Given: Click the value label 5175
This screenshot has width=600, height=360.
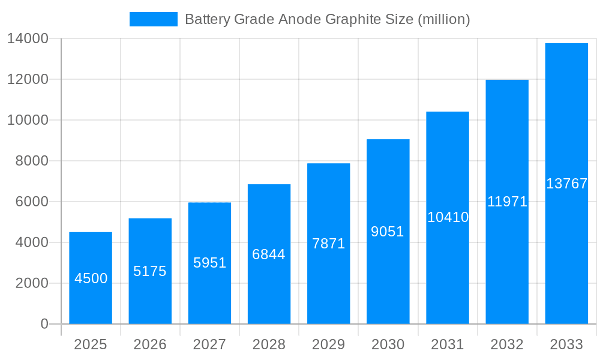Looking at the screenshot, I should (150, 271).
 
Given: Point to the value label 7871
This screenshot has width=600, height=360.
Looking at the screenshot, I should (329, 244).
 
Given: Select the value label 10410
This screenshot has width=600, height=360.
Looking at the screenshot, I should (448, 217).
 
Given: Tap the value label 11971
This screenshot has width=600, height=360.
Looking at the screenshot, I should (507, 202).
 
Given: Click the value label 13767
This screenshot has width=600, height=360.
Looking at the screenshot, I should (566, 184).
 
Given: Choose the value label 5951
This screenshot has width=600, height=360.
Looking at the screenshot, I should (209, 263).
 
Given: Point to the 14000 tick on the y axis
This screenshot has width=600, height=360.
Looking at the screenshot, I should (28, 39).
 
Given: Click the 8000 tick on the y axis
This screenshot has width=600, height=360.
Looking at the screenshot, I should (32, 161).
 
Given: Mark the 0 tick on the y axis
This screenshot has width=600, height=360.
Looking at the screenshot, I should (44, 324).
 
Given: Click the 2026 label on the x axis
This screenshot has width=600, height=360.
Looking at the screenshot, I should (150, 344).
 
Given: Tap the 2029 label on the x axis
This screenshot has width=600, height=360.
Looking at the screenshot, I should (329, 344).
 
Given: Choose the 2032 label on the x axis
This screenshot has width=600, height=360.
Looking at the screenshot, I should (507, 344).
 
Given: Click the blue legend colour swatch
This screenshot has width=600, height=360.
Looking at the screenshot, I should (154, 19).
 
